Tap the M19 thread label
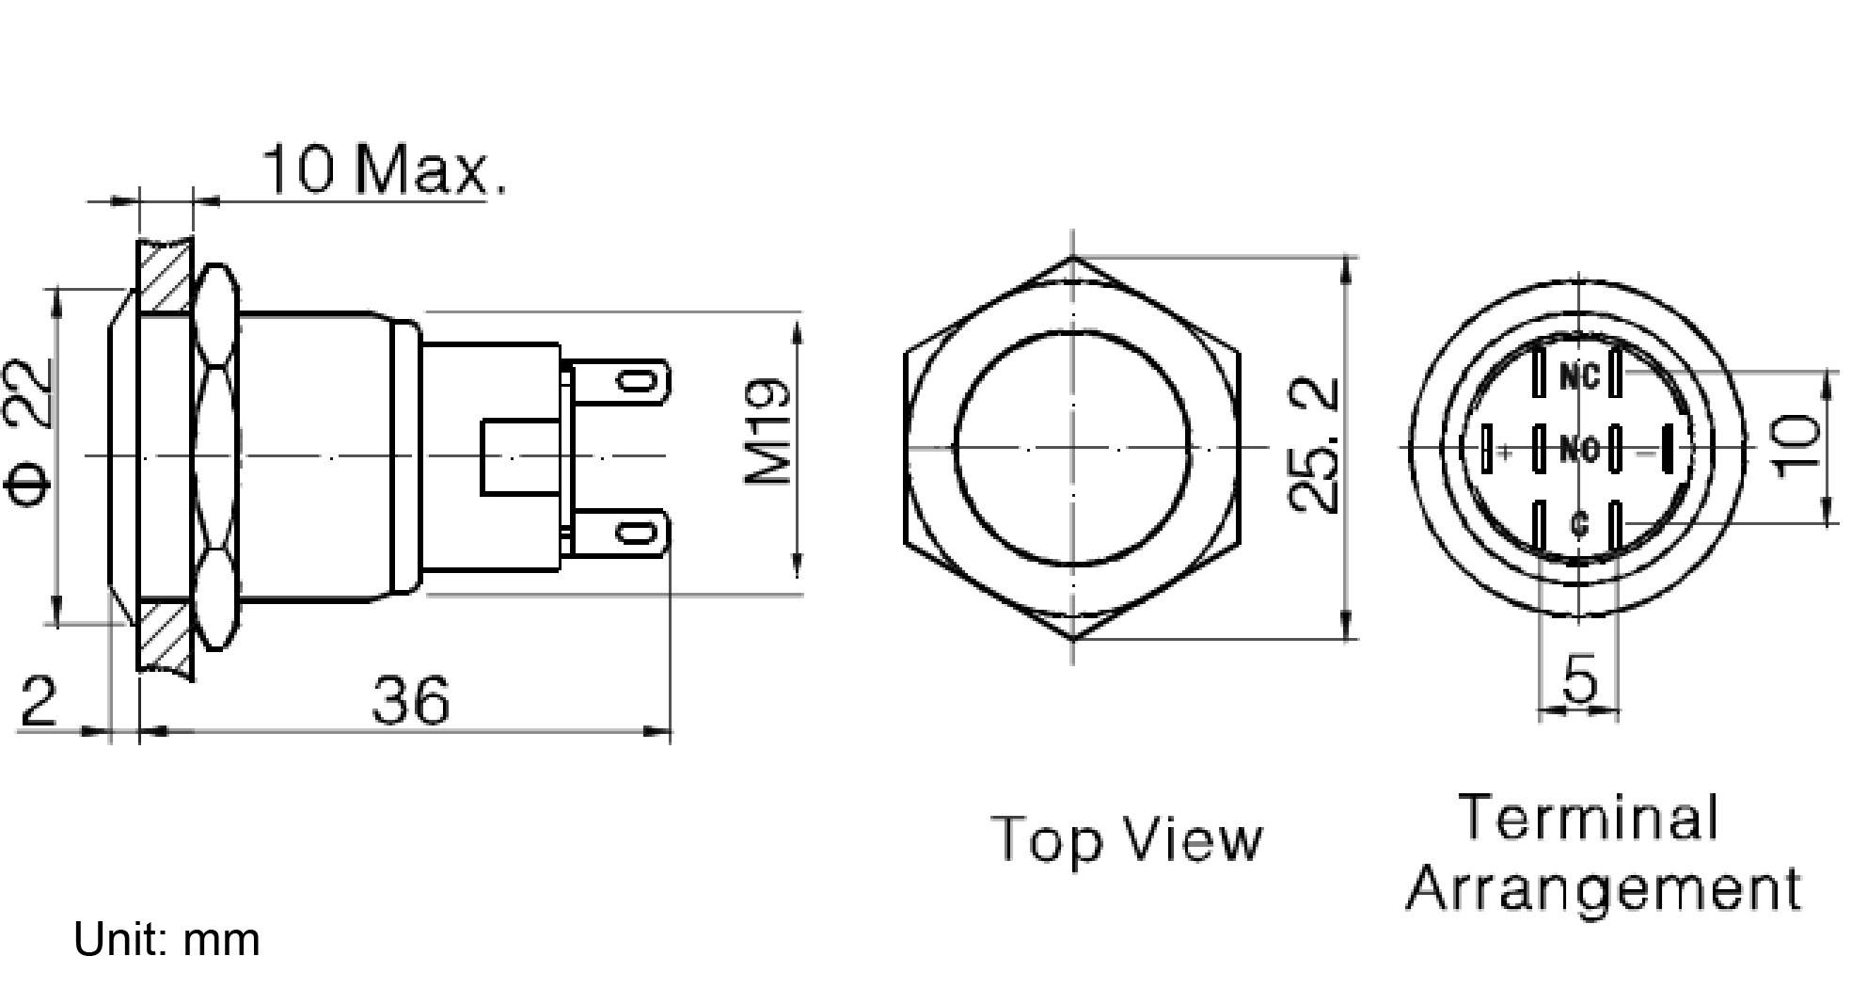pos(768,433)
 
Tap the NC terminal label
pos(1578,377)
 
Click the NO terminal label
pos(1578,450)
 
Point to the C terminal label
pos(1578,523)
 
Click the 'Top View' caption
pos(1126,839)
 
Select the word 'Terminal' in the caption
pos(1589,817)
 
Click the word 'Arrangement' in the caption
pos(1603,888)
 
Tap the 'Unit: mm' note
pos(166,940)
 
